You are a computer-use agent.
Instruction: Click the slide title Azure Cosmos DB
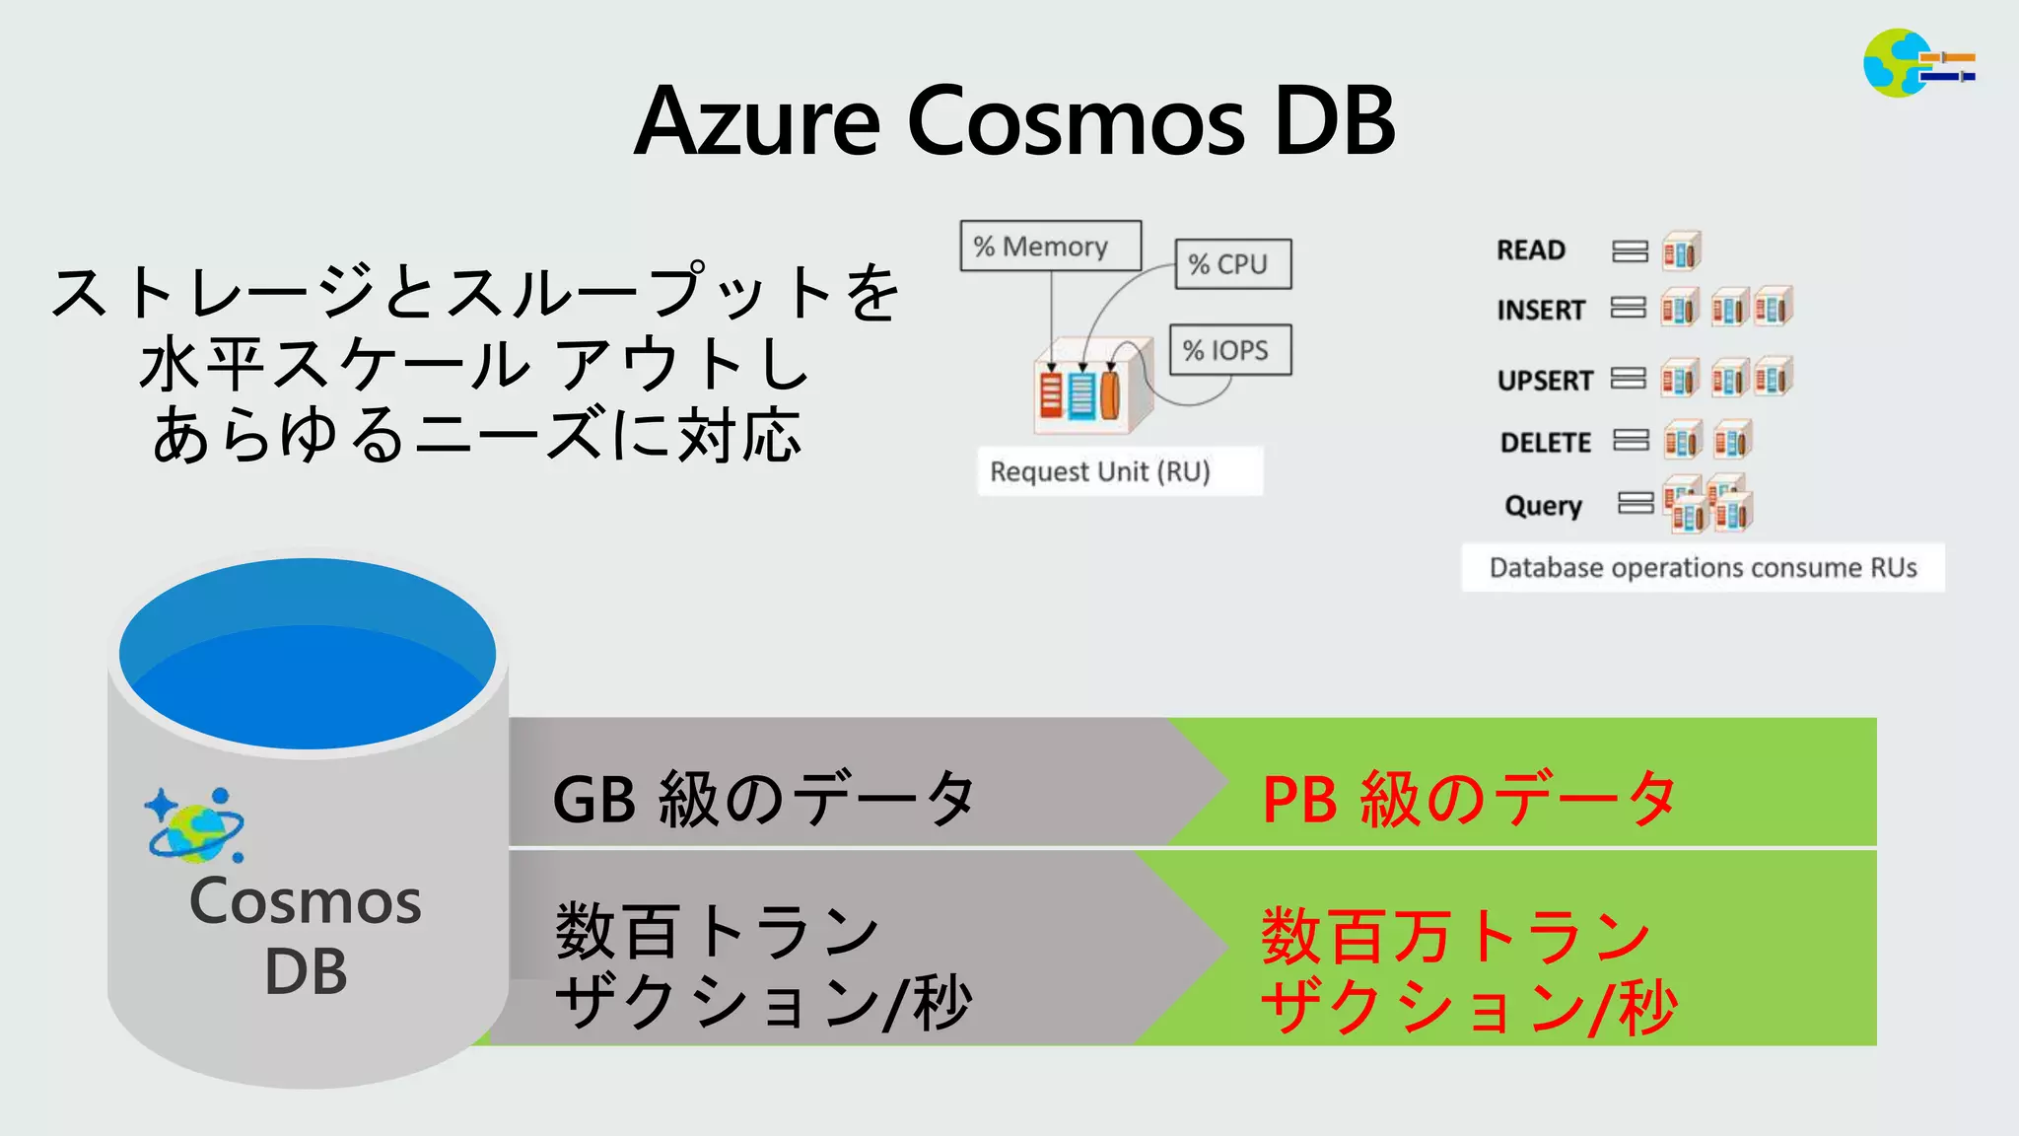(x=1014, y=121)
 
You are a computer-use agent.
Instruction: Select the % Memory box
(x=1050, y=246)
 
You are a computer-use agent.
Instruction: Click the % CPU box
(x=1232, y=264)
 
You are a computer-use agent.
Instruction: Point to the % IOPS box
(x=1229, y=350)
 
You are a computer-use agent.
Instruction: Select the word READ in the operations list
(x=1531, y=250)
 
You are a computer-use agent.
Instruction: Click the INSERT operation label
(x=1541, y=311)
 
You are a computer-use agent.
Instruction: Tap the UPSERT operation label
(x=1545, y=381)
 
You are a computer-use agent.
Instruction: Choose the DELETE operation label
(x=1546, y=443)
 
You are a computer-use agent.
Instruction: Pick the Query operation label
(x=1543, y=506)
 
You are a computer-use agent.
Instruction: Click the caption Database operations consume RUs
(x=1703, y=568)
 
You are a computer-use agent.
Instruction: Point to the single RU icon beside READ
(x=1682, y=251)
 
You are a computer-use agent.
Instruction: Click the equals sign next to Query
(x=1636, y=504)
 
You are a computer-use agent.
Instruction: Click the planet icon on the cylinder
(x=195, y=824)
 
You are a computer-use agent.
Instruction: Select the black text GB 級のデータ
(x=764, y=798)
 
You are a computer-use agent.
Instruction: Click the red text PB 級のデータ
(x=1469, y=798)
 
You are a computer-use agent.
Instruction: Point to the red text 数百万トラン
(x=1455, y=935)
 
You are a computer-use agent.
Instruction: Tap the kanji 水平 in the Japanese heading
(x=202, y=364)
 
